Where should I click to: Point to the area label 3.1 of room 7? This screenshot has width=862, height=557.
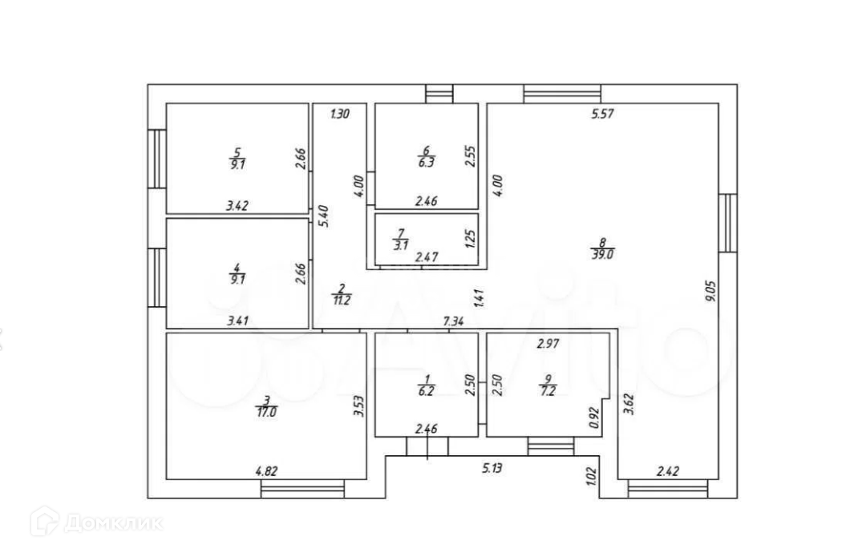click(x=399, y=245)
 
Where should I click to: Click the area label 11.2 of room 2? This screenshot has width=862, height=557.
click(x=341, y=301)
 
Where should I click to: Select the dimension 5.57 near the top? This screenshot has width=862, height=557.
click(x=601, y=114)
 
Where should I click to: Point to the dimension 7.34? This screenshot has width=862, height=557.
click(x=455, y=321)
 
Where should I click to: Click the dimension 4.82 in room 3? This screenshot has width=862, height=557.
click(x=266, y=472)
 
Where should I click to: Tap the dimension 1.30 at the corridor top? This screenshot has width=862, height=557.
click(x=339, y=114)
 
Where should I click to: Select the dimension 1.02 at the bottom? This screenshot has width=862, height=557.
click(x=592, y=478)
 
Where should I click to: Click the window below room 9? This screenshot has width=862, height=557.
click(x=551, y=446)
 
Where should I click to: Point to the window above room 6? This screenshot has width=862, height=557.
click(x=439, y=93)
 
